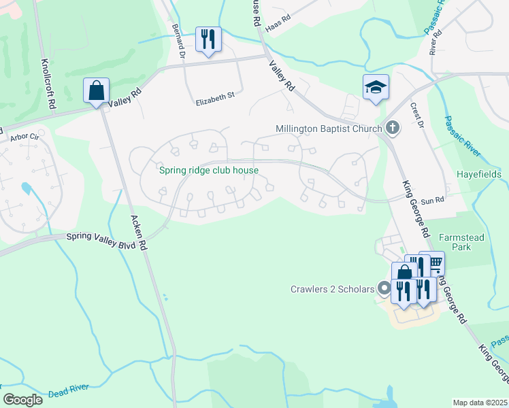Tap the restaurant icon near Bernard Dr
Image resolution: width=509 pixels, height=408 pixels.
click(x=208, y=39)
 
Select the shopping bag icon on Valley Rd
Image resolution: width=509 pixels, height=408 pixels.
click(x=97, y=90)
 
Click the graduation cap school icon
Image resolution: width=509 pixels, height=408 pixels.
click(x=376, y=87)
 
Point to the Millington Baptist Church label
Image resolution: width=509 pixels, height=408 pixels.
click(x=329, y=128)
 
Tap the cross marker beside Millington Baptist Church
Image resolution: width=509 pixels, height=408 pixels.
click(x=393, y=127)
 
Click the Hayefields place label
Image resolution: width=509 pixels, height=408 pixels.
click(x=480, y=174)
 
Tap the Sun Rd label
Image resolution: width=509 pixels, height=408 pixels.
click(x=432, y=201)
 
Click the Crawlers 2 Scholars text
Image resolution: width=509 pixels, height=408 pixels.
click(x=331, y=289)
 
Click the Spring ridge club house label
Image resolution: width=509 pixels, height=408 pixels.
click(x=209, y=170)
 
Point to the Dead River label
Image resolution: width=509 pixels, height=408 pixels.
click(x=68, y=391)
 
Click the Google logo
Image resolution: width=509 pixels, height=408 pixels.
click(x=22, y=399)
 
